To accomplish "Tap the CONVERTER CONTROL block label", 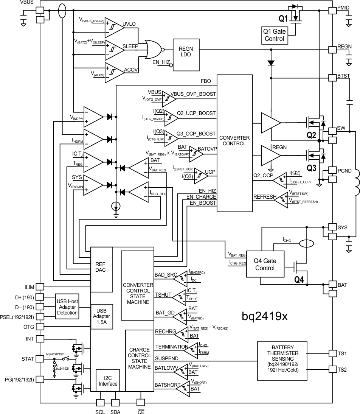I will coord(234,141).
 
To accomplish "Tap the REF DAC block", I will coord(101,267).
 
